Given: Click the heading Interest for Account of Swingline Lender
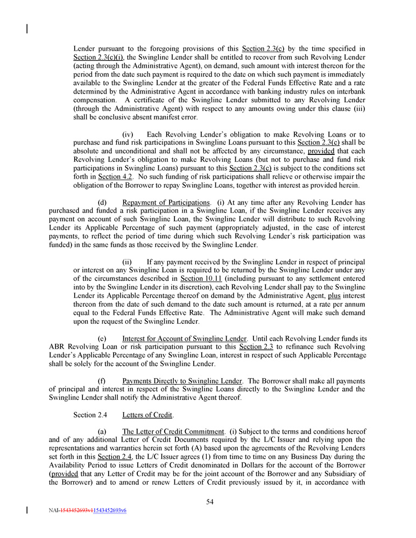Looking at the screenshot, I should (184, 338).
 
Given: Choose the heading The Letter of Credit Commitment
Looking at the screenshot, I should (173, 431).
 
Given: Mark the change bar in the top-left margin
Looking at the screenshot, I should (27, 28).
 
